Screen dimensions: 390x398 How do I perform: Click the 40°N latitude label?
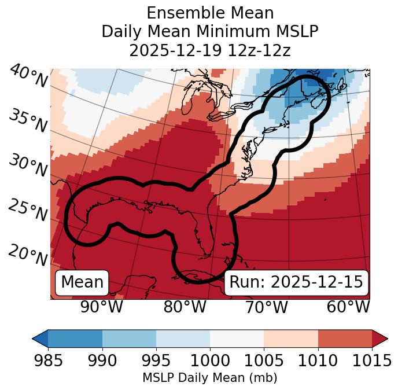tap(28, 76)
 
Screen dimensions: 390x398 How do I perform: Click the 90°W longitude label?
tap(101, 307)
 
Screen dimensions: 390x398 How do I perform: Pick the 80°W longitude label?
tap(185, 307)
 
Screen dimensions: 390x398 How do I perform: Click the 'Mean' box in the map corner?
tap(82, 282)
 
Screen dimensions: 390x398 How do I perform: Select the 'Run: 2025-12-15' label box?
tap(296, 282)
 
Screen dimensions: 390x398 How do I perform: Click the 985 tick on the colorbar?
tap(48, 360)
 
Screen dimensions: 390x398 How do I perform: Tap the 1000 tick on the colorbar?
tap(210, 360)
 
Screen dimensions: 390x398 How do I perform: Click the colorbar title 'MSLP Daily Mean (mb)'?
tap(209, 378)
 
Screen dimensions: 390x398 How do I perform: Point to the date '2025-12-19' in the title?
tap(169, 50)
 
